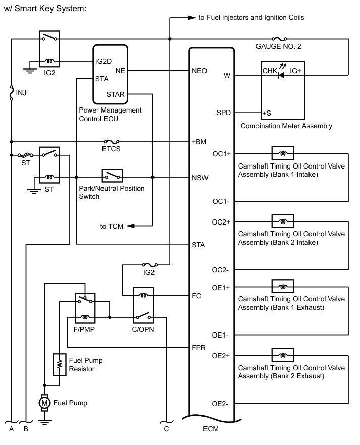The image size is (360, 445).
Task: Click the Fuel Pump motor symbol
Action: [x=44, y=402]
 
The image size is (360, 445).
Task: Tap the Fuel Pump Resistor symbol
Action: [x=60, y=364]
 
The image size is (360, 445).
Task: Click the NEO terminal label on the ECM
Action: [x=199, y=71]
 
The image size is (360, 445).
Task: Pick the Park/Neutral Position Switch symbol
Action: [x=113, y=176]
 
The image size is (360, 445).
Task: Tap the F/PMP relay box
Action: [x=84, y=308]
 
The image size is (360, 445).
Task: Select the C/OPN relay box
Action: [x=143, y=305]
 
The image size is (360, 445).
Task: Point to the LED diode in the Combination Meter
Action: [x=281, y=75]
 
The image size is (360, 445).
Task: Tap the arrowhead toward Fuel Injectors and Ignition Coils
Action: [x=191, y=18]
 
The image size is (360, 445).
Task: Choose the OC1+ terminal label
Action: [x=222, y=153]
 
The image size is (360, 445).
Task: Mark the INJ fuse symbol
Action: [x=11, y=94]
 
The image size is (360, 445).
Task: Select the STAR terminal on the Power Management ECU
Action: [x=116, y=94]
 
